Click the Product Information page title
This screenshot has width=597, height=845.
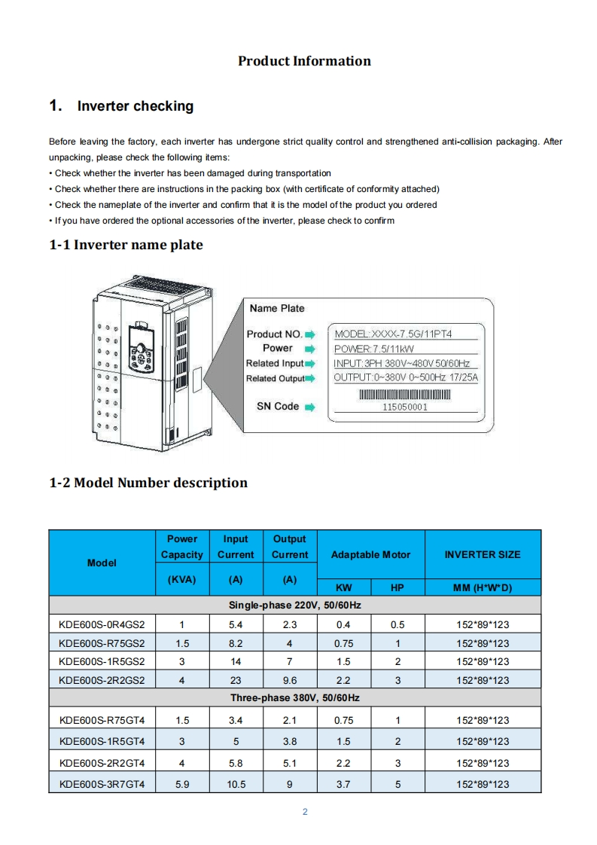(304, 61)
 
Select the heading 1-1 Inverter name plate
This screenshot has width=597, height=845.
(126, 245)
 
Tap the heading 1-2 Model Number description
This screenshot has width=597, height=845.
(148, 483)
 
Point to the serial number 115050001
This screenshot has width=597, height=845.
(405, 407)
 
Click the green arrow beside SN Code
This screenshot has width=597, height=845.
(309, 407)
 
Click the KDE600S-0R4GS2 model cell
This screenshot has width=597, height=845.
(102, 624)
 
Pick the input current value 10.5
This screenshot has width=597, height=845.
(236, 784)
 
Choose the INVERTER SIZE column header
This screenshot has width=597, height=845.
(482, 554)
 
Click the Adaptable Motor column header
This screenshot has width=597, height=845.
(370, 554)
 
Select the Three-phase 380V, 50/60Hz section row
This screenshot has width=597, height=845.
(295, 698)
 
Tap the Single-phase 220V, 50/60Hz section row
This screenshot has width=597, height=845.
(295, 606)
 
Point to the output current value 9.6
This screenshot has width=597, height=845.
(290, 680)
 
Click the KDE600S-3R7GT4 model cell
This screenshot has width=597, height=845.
(102, 784)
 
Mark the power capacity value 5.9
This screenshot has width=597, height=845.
(181, 784)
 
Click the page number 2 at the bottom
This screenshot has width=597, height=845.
(304, 812)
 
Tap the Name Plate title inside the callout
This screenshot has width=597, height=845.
(277, 308)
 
